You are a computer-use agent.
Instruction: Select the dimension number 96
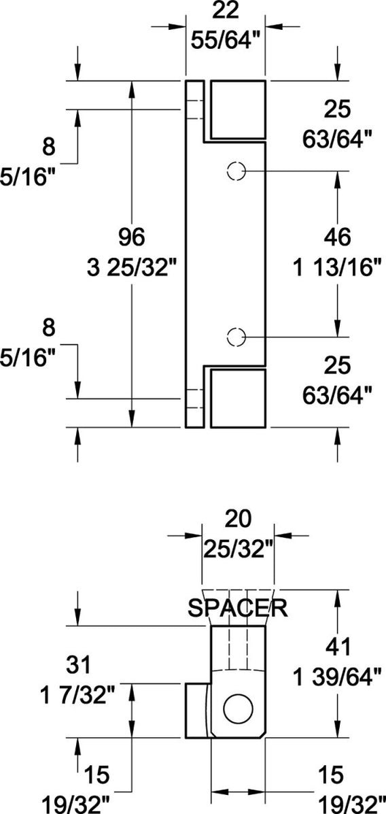click(132, 237)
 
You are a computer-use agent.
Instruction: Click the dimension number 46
click(336, 237)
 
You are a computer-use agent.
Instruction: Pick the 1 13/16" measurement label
click(336, 267)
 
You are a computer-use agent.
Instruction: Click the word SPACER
click(238, 607)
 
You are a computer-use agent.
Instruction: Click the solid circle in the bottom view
click(237, 709)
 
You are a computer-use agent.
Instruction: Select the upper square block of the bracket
click(237, 109)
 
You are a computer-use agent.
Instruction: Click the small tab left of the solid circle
click(198, 711)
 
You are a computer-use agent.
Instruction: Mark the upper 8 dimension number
click(47, 146)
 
